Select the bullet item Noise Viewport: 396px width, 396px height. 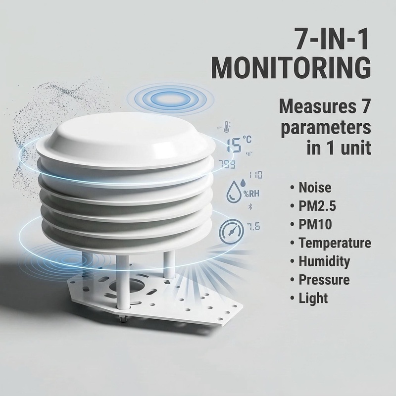pyautogui.click(x=315, y=188)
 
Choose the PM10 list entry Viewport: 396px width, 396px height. pyautogui.click(x=315, y=225)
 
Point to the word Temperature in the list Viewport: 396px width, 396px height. pyautogui.click(x=335, y=243)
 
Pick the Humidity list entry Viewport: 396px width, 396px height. pyautogui.click(x=324, y=261)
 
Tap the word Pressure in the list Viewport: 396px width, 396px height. pyautogui.click(x=324, y=279)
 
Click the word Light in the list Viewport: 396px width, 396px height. pyautogui.click(x=313, y=297)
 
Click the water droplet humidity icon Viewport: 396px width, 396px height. pyautogui.click(x=234, y=192)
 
